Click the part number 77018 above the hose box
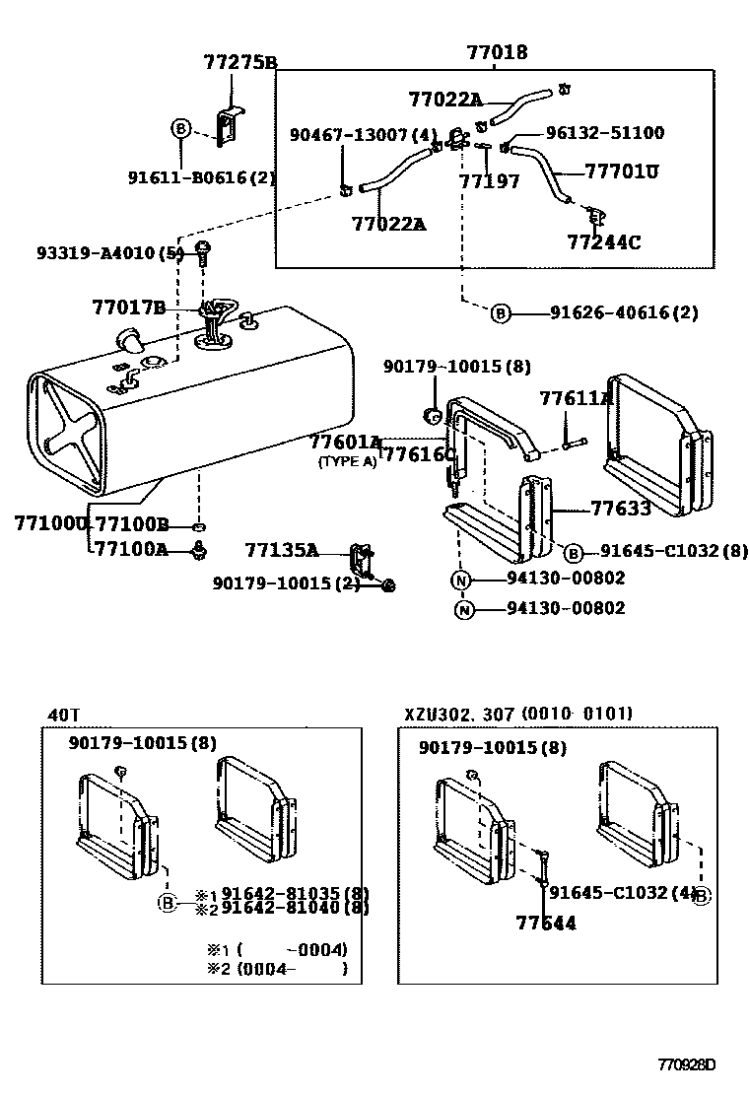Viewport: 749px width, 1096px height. (x=497, y=52)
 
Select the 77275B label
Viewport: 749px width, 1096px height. (x=240, y=63)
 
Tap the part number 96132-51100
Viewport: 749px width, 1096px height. (x=605, y=133)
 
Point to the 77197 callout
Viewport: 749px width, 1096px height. (x=488, y=180)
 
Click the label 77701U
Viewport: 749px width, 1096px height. (x=621, y=171)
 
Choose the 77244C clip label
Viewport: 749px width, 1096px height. (x=603, y=241)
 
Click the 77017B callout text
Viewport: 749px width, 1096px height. (x=129, y=308)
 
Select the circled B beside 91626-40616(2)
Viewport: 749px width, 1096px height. (x=501, y=313)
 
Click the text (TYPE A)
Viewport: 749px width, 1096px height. (x=347, y=461)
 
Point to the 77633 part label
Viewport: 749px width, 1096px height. (x=620, y=509)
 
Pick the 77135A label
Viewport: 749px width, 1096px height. (x=281, y=550)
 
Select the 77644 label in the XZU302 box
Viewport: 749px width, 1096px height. (x=546, y=923)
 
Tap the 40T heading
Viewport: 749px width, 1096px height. (x=63, y=715)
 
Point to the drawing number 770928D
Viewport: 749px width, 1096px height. (x=686, y=1065)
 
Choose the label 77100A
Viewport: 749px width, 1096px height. (x=132, y=550)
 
